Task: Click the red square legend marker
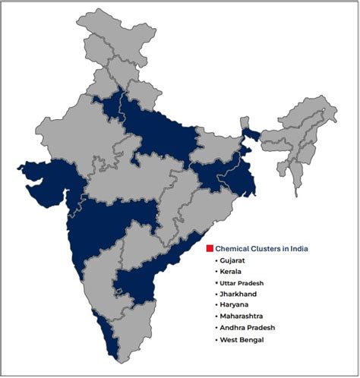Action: coord(210,248)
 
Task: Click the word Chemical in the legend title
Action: coord(231,248)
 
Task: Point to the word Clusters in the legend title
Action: coord(265,248)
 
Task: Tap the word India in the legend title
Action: coord(299,248)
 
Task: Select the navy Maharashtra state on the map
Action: coord(114,220)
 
